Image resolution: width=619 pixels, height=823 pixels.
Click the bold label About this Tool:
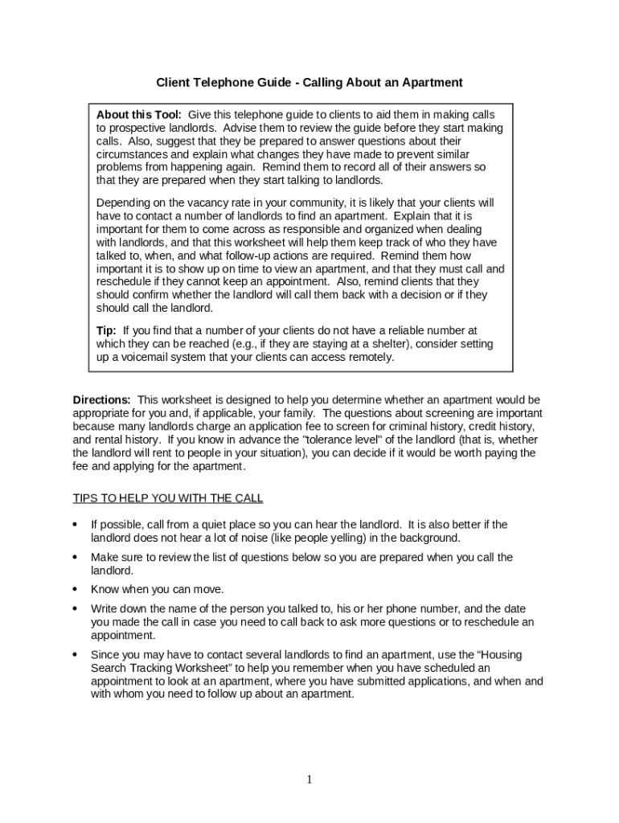click(x=139, y=115)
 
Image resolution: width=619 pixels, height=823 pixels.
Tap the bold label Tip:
click(x=107, y=330)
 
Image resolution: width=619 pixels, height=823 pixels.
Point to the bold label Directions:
click(x=102, y=399)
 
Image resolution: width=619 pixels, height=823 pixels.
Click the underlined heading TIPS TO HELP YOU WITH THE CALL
click(x=168, y=498)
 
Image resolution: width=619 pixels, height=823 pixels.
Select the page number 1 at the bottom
click(x=309, y=779)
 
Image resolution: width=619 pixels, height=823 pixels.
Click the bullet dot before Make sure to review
click(x=76, y=557)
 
